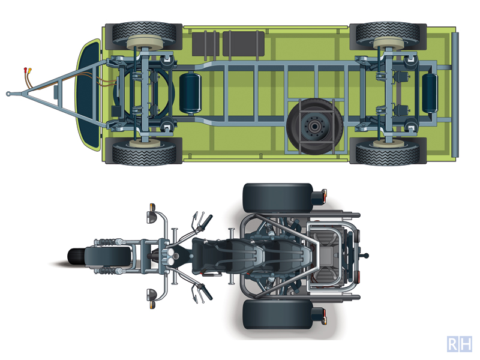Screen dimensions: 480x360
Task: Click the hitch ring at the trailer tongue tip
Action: click(8, 94)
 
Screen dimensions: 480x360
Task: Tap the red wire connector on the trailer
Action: click(25, 70)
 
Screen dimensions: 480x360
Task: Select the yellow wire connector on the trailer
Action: click(29, 70)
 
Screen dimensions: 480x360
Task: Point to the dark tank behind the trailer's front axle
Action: click(190, 93)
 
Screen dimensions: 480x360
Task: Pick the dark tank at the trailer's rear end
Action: click(430, 93)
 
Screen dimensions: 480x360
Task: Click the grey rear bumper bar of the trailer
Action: click(455, 95)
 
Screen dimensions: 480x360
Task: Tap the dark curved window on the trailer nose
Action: click(88, 95)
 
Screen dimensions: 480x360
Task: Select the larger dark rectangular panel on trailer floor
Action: click(244, 43)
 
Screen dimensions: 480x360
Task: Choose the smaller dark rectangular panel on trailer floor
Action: click(205, 44)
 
